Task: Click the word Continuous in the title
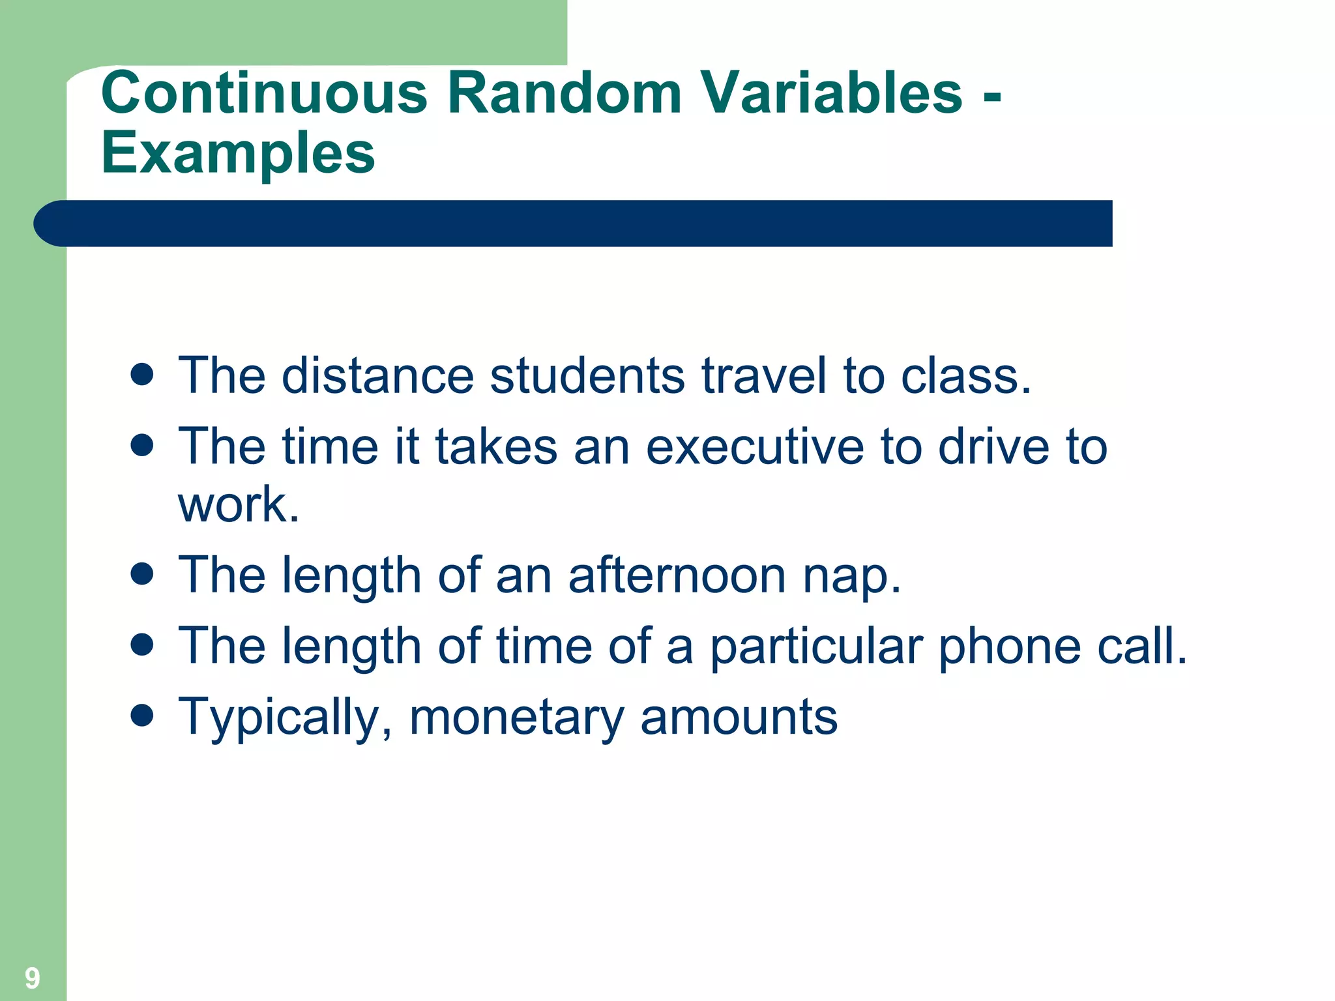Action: point(264,93)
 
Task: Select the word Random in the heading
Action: point(565,93)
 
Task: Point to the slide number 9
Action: point(32,978)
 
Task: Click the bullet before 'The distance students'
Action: point(141,375)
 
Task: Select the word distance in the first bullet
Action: point(377,376)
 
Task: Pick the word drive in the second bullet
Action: point(994,447)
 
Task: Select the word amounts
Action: point(739,718)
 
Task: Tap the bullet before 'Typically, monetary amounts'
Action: point(141,715)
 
